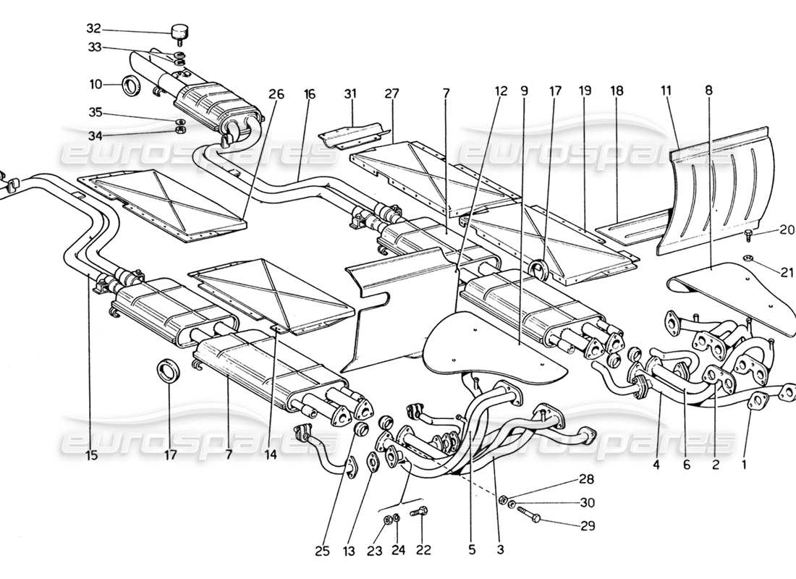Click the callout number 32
coord(93,30)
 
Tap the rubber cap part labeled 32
coord(179,32)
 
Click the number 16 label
coord(310,93)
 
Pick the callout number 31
coord(351,93)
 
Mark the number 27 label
coord(391,93)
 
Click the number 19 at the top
coord(585,91)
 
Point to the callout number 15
coord(90,457)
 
